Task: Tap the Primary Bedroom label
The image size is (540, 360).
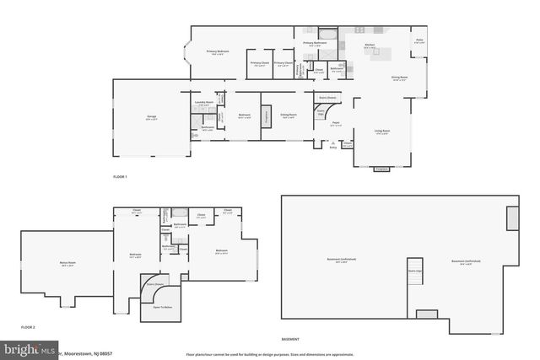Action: [x=218, y=51]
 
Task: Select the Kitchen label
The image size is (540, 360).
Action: [x=370, y=46]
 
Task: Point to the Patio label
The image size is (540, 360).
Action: [x=419, y=40]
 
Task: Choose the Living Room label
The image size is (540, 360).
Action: [x=381, y=131]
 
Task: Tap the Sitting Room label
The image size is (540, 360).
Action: [x=288, y=116]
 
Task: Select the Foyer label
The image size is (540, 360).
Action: [x=334, y=123]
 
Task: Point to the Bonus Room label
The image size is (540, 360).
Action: [x=65, y=265]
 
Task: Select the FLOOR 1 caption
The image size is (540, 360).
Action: [x=120, y=177]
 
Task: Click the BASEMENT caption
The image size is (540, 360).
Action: [x=291, y=339]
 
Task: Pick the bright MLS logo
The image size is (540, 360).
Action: [x=30, y=348]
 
